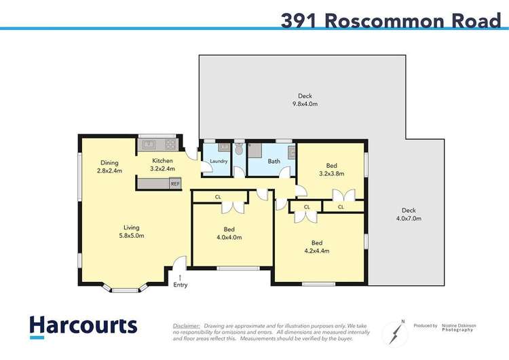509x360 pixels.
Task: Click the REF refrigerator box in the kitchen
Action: pos(175,183)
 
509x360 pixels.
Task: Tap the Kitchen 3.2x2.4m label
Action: pos(163,165)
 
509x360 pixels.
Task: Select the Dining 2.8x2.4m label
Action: pos(109,166)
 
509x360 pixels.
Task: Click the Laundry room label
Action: pos(219,162)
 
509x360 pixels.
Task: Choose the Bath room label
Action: pos(274,162)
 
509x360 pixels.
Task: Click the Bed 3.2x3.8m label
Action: pos(331,169)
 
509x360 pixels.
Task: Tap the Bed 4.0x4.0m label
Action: pos(229,233)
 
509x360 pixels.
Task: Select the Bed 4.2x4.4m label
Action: pos(316,247)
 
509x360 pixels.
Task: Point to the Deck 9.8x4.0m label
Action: pos(305,100)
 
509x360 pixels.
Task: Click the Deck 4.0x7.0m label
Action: pos(409,215)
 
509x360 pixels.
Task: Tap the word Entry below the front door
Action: pos(180,285)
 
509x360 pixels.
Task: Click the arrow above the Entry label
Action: pos(180,276)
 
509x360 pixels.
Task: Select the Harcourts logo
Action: pos(83,325)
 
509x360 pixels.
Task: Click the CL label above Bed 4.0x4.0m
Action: pos(218,197)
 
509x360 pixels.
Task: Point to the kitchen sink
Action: pos(149,144)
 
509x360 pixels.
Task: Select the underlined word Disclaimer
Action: pos(187,326)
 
